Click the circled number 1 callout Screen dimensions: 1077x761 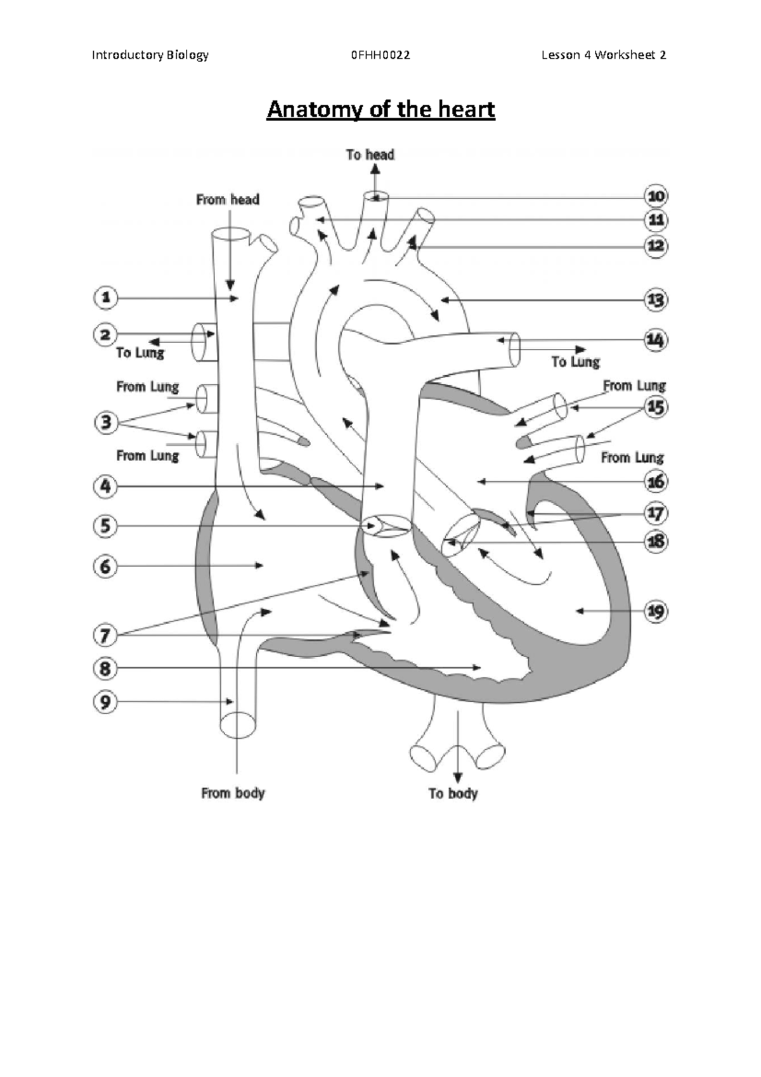click(x=106, y=297)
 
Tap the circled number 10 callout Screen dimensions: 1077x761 click(x=656, y=196)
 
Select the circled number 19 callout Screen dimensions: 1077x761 click(x=656, y=611)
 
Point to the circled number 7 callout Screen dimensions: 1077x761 click(x=106, y=634)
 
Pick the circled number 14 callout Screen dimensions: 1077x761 click(x=656, y=341)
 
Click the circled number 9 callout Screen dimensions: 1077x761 click(x=106, y=702)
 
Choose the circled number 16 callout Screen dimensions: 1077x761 click(x=656, y=482)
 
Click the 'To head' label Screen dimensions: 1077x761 click(x=370, y=155)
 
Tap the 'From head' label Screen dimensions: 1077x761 click(x=228, y=200)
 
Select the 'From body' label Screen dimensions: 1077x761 click(x=233, y=793)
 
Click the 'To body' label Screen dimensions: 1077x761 click(x=453, y=793)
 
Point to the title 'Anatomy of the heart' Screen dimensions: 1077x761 click(x=380, y=110)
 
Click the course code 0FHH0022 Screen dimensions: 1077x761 click(x=380, y=55)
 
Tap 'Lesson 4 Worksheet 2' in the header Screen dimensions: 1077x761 click(x=603, y=55)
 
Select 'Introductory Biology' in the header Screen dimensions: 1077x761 click(x=150, y=55)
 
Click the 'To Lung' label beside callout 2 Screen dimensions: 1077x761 click(x=140, y=353)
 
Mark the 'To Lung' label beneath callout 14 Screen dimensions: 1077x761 click(x=575, y=362)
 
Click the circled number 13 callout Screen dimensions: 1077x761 click(x=656, y=299)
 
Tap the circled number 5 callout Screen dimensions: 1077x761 click(x=106, y=526)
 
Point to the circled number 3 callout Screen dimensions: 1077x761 click(x=106, y=422)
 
